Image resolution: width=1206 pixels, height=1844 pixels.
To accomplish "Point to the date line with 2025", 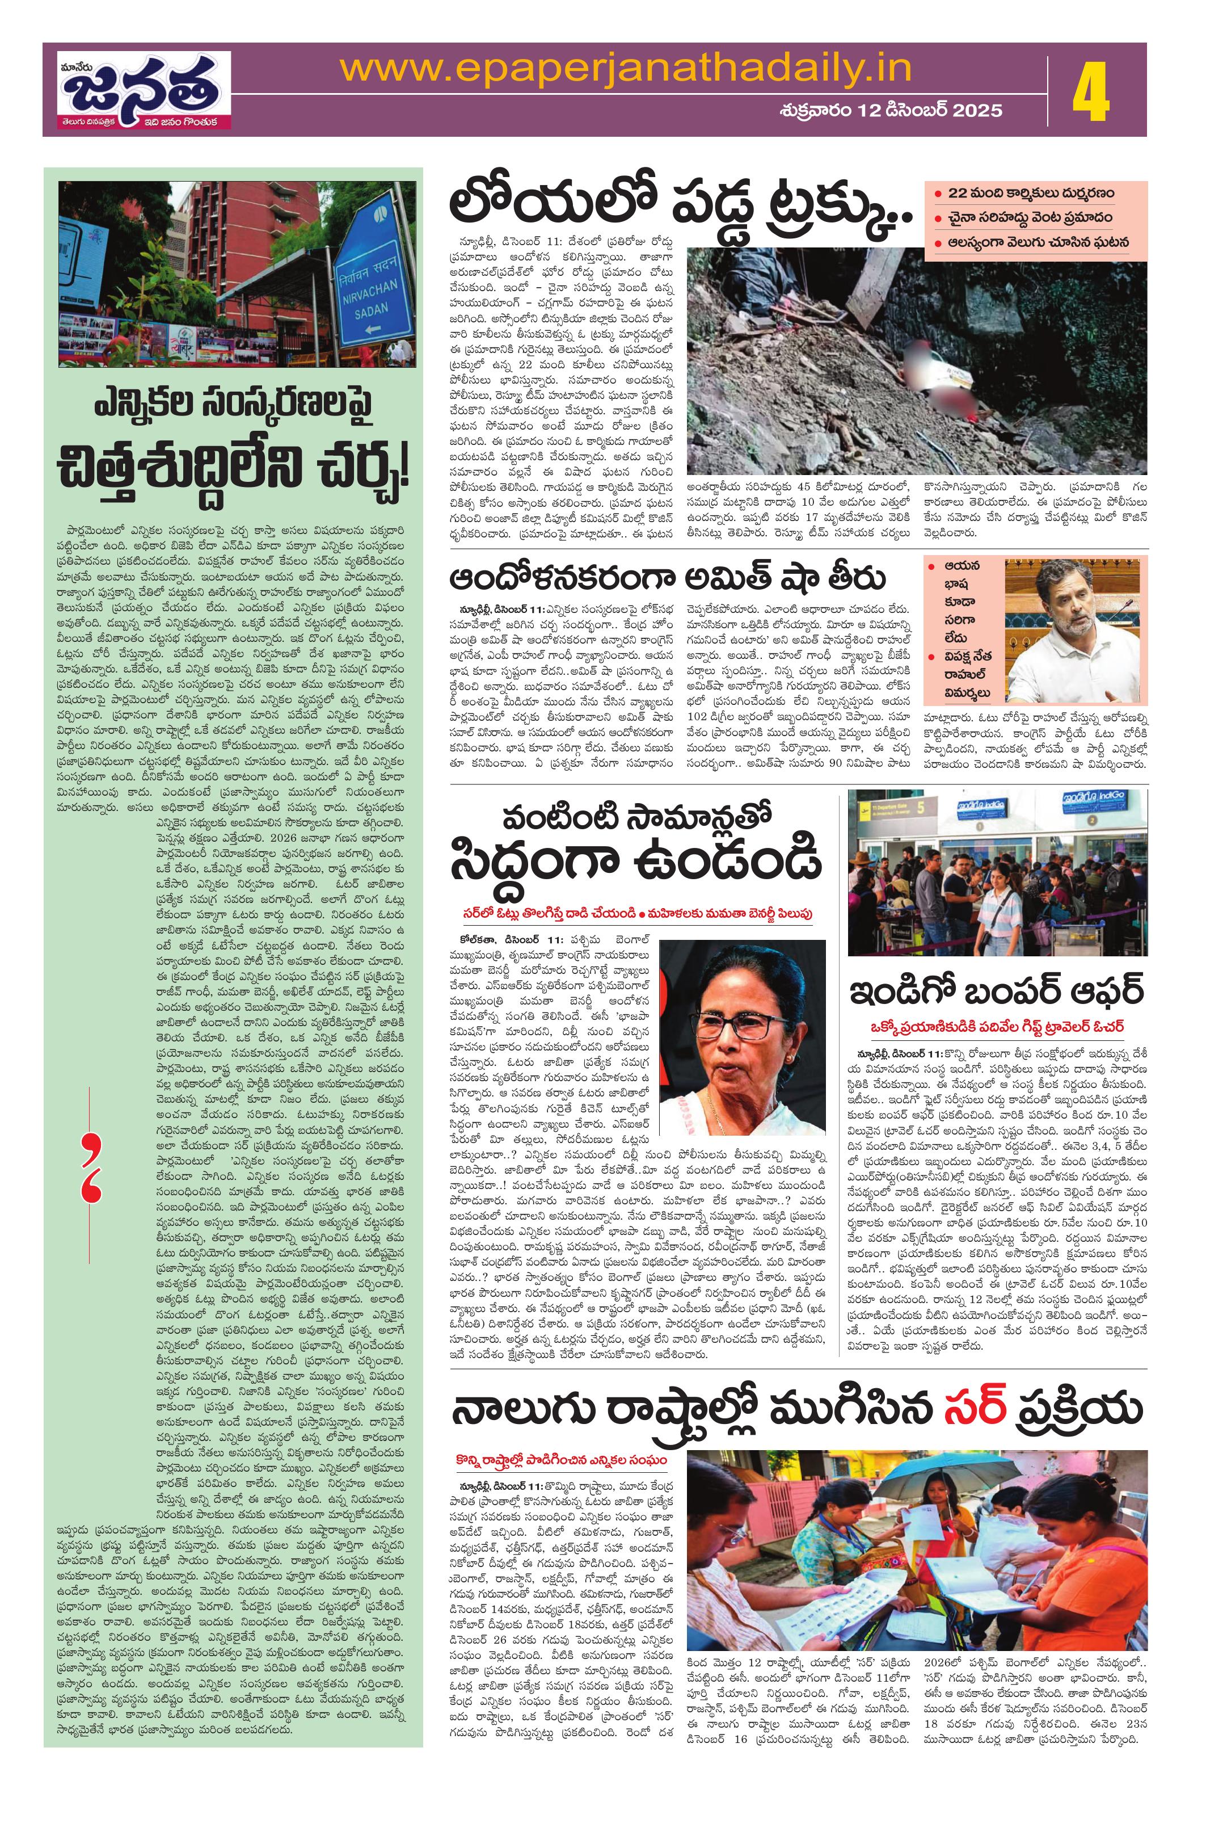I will (x=890, y=110).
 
